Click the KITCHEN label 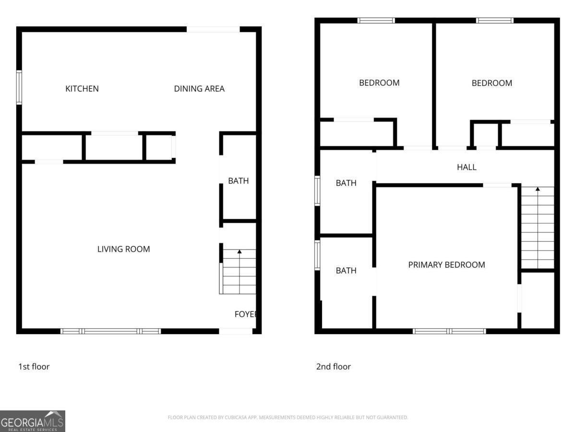pos(82,89)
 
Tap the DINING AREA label pos(199,89)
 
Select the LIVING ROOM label pos(124,249)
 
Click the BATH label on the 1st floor pos(239,181)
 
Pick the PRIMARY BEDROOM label pos(446,265)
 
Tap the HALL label pos(467,168)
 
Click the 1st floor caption pos(34,367)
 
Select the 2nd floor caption pos(334,367)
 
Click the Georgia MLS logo pos(33,421)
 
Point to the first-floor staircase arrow pos(240,252)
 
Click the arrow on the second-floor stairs pos(538,189)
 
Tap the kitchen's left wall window pos(19,87)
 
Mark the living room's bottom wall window pos(111,331)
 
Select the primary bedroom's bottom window pos(449,331)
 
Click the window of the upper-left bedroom pos(376,21)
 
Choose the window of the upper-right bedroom pos(495,21)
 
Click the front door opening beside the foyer pos(236,331)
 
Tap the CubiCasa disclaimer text pos(288,418)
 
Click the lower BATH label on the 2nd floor pos(346,271)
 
